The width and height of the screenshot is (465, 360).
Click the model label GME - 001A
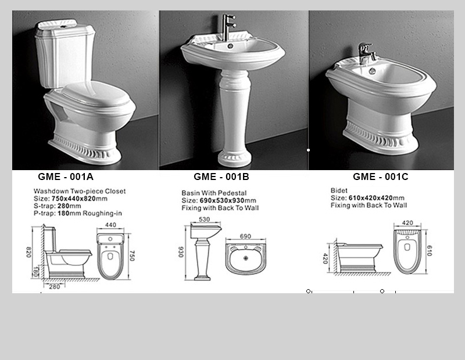(x=66, y=177)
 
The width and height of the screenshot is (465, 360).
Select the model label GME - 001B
(x=221, y=177)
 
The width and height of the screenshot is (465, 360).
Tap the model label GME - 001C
(x=381, y=177)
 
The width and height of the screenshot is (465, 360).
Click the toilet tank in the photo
(x=64, y=53)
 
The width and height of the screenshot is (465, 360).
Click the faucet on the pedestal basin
(x=228, y=27)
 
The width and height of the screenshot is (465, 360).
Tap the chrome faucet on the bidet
(x=367, y=53)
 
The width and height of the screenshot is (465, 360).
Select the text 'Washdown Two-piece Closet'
(x=80, y=191)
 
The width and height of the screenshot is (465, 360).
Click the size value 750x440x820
(x=80, y=199)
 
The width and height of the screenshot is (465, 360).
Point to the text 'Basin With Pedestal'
(x=214, y=193)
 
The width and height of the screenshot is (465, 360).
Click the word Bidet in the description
(x=339, y=190)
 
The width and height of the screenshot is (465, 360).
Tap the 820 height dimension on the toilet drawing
(x=28, y=252)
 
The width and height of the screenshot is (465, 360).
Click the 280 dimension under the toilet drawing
(x=55, y=286)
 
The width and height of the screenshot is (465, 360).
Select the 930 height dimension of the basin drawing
(x=181, y=252)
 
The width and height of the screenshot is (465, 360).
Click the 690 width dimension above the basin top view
(x=245, y=236)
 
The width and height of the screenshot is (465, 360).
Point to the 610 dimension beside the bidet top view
(x=430, y=251)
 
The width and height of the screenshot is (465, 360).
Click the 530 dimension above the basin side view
(x=205, y=219)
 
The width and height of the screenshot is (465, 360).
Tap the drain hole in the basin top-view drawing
(x=246, y=258)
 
